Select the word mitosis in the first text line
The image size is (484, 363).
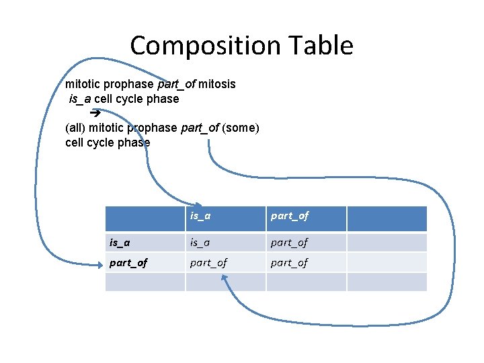pos(217,85)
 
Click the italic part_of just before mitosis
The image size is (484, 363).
pos(176,85)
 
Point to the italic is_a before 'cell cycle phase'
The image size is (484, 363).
pos(80,99)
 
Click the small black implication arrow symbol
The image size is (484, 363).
pos(94,113)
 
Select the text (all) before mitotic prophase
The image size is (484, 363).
pos(75,128)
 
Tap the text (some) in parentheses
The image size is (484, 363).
pos(240,128)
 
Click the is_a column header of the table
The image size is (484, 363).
pos(200,216)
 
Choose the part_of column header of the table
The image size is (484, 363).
pos(290,216)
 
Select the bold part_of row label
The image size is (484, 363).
pos(128,262)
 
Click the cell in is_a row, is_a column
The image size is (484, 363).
pos(200,242)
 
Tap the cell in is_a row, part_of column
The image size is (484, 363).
pos(290,242)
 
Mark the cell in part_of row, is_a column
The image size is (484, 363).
pos(208,262)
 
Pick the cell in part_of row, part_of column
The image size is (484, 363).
pos(290,262)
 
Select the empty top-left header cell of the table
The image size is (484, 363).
pos(145,218)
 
